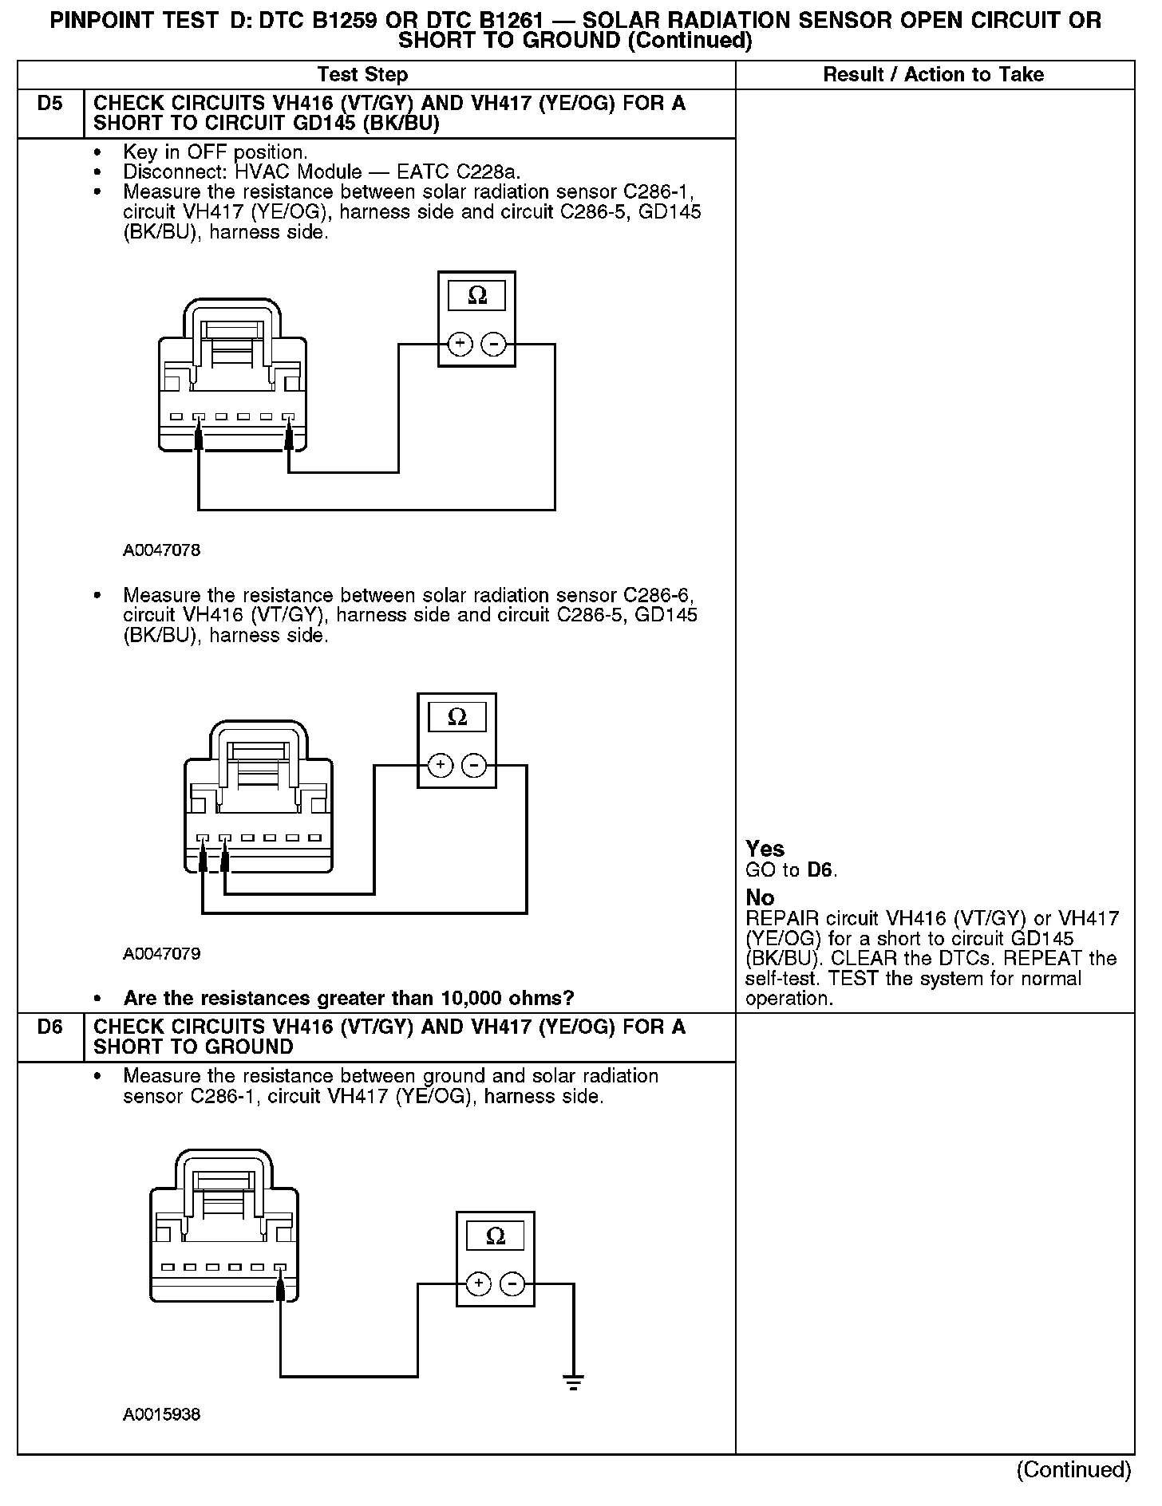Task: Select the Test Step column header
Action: (362, 75)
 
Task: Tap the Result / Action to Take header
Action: (933, 75)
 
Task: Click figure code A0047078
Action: (161, 550)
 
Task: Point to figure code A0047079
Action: (161, 954)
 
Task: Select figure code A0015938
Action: (161, 1414)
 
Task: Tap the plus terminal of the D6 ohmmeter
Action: (478, 1283)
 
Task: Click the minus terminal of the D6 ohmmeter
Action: (512, 1283)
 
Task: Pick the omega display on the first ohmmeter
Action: (476, 296)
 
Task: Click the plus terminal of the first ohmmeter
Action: (460, 344)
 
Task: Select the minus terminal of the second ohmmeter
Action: (474, 766)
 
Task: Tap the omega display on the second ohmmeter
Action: (457, 717)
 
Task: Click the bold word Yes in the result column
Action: (765, 849)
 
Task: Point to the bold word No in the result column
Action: (760, 898)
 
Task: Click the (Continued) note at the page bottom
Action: (1073, 1469)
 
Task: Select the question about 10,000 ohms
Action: (349, 998)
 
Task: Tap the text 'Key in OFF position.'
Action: (215, 152)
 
